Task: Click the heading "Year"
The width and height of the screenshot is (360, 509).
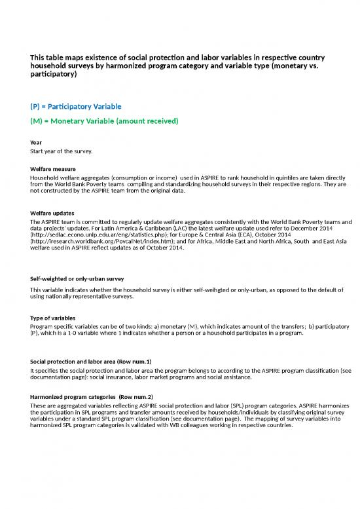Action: tap(36, 143)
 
